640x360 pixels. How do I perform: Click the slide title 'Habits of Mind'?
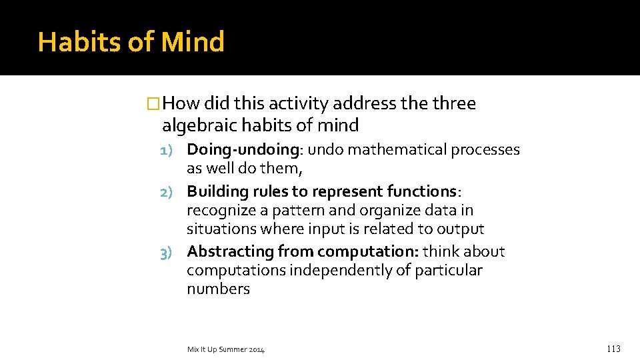click(131, 42)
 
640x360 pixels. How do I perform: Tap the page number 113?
click(613, 349)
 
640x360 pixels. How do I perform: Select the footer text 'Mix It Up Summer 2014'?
click(226, 349)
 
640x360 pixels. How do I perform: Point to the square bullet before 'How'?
click(154, 104)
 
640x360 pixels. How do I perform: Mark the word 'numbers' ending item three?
click(218, 289)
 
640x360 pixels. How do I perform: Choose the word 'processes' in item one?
click(485, 150)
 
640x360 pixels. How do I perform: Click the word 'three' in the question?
click(454, 104)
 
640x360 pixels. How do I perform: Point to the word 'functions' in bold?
click(421, 192)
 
